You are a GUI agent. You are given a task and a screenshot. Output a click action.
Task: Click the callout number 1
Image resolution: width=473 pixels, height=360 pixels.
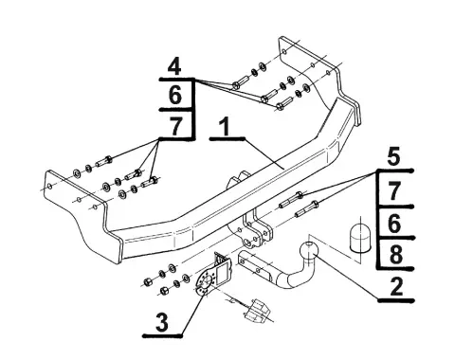(x=225, y=127)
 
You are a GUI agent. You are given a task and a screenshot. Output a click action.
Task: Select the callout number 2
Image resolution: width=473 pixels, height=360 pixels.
(x=396, y=286)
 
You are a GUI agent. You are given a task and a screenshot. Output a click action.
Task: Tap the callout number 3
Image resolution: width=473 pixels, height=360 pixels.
(x=162, y=323)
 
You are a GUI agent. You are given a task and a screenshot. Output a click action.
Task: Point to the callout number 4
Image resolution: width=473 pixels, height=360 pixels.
(x=174, y=66)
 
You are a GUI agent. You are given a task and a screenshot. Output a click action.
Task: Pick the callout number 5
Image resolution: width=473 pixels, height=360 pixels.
(x=393, y=156)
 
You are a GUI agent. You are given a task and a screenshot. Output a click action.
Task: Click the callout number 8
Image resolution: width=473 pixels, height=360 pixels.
(x=396, y=255)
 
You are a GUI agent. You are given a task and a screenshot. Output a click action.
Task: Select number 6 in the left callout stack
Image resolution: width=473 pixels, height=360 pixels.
(x=175, y=95)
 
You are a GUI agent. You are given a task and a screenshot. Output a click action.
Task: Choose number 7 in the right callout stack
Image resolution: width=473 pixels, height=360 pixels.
(x=393, y=191)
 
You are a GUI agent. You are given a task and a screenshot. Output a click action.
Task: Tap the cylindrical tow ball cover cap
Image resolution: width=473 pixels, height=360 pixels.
(x=359, y=238)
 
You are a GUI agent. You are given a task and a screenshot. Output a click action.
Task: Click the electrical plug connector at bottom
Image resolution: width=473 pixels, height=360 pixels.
(x=256, y=312)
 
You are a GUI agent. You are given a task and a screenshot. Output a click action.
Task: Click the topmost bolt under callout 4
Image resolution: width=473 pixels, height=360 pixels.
(x=239, y=82)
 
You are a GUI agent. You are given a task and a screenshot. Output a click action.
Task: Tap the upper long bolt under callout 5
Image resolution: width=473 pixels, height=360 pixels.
(x=291, y=200)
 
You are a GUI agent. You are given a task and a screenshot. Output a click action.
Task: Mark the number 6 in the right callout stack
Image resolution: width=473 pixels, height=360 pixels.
(x=394, y=224)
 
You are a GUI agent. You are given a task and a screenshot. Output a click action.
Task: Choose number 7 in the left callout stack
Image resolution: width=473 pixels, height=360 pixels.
(x=175, y=125)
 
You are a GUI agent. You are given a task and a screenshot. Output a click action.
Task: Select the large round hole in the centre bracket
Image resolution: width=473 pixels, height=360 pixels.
(x=247, y=243)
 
